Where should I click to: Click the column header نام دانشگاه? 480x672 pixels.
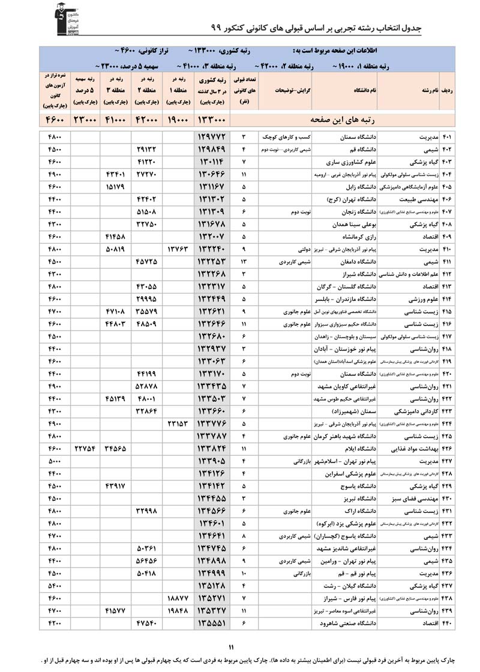coord(368,90)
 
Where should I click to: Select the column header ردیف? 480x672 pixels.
coord(446,90)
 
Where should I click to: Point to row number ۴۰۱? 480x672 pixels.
coord(447,137)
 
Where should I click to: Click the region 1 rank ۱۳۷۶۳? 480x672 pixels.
coord(178,249)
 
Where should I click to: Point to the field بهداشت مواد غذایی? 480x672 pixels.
coord(418,448)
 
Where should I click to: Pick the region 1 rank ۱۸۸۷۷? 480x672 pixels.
coord(178,598)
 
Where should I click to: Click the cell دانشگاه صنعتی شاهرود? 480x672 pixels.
coord(347,623)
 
